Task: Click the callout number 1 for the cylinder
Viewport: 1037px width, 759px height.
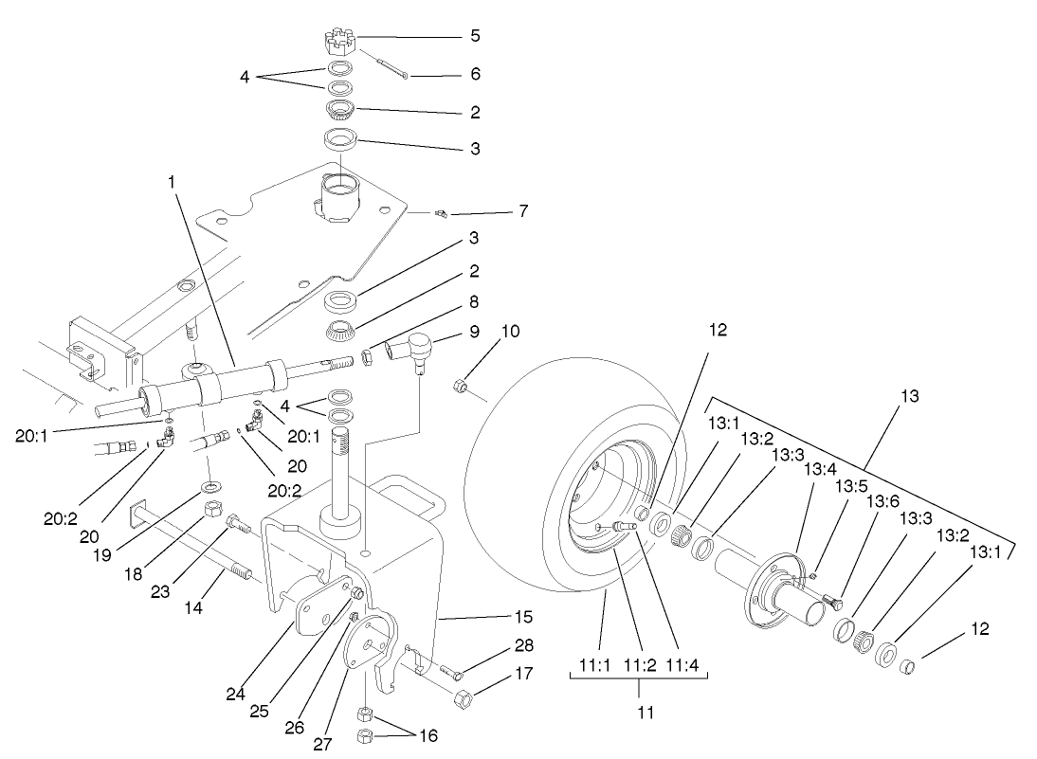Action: [173, 180]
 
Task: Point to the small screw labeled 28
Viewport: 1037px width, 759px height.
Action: [457, 675]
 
